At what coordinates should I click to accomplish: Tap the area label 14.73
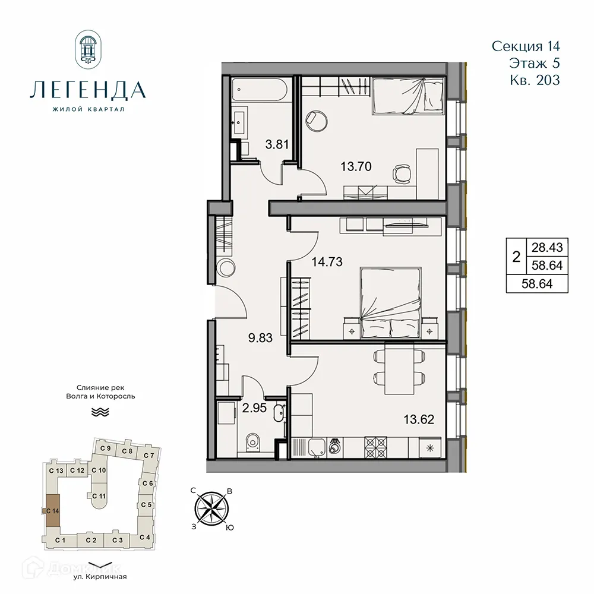327,261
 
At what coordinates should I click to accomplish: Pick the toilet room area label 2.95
253,407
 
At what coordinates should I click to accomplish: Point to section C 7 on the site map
148,456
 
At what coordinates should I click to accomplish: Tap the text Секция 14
526,46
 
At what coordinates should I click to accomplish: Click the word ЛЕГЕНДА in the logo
87,90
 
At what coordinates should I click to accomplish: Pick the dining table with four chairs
400,368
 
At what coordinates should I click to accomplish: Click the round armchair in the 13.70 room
315,119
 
